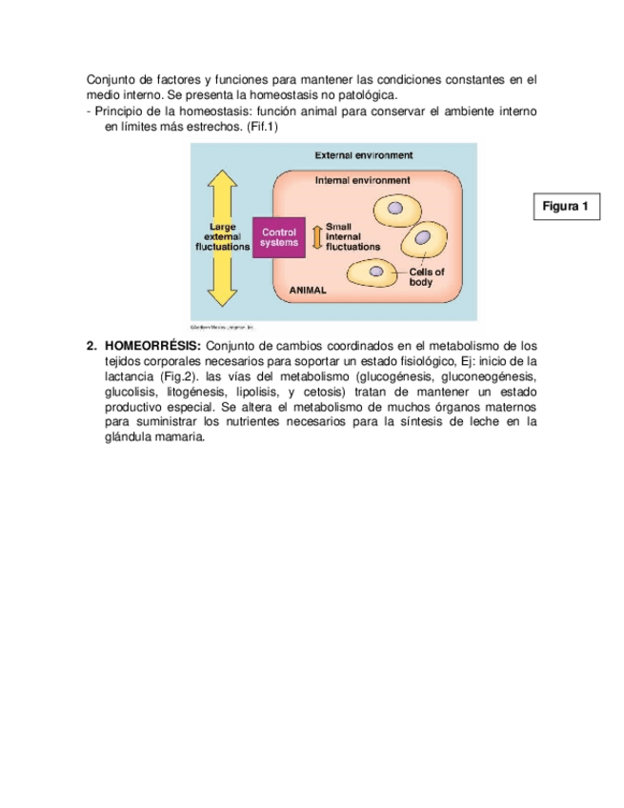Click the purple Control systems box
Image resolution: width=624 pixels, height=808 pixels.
point(280,236)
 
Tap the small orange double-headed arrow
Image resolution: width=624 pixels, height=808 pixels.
point(318,236)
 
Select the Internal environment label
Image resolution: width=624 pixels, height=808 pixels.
point(363,179)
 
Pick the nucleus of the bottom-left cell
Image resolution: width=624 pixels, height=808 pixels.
point(377,273)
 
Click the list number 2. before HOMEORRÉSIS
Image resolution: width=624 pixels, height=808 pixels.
point(92,345)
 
